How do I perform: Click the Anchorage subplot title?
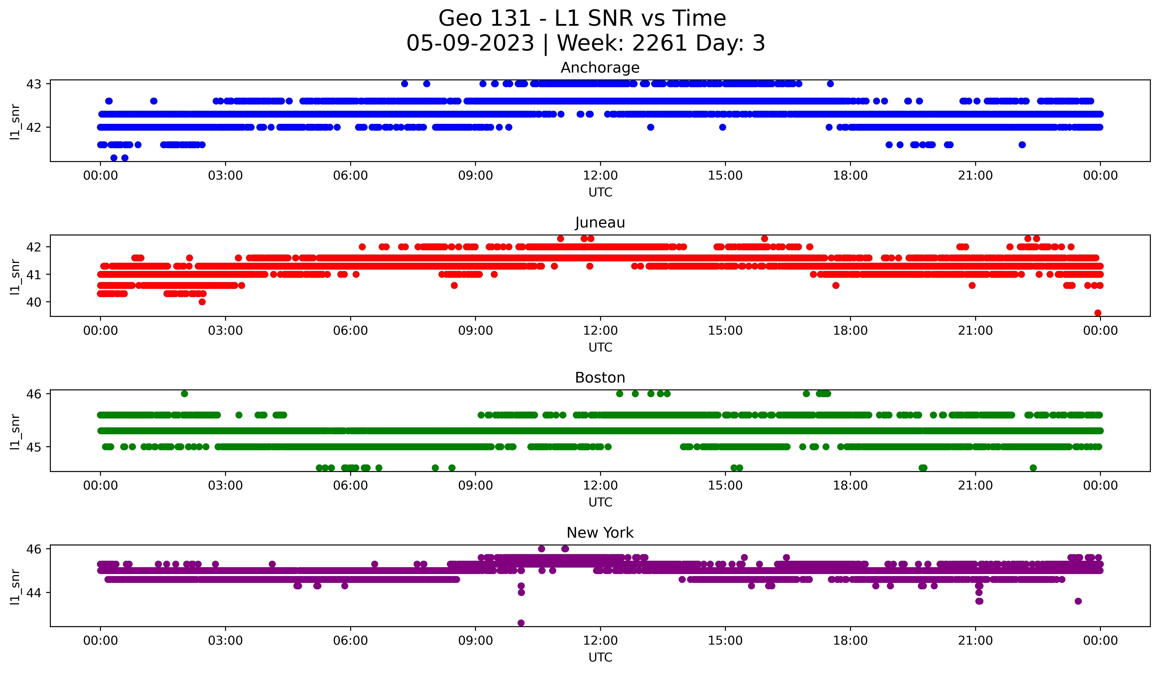pos(600,68)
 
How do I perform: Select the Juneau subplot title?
pos(600,223)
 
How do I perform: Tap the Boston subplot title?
pos(600,378)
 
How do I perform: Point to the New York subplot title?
pos(600,533)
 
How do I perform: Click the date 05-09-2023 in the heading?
pos(470,43)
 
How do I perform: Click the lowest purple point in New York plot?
pos(521,623)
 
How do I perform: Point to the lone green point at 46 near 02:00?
pos(185,393)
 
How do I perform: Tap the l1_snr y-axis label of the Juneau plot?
pos(15,276)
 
